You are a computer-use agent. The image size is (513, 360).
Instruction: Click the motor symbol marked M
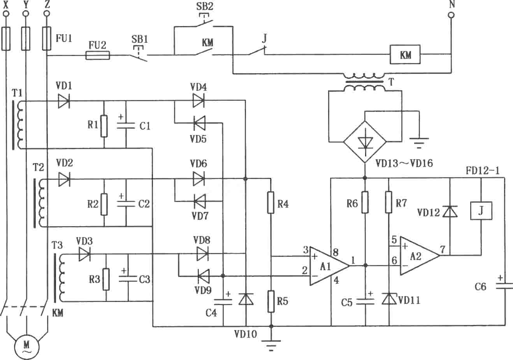(x=27, y=347)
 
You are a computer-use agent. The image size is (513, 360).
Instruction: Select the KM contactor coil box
(x=405, y=54)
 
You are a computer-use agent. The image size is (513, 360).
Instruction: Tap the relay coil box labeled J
(x=481, y=211)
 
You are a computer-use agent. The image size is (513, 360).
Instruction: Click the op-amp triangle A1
(x=330, y=266)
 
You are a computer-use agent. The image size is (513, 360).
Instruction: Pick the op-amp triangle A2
(x=420, y=256)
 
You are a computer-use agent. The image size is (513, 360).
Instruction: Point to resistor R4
(x=271, y=203)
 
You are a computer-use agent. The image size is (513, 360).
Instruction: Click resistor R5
(x=271, y=301)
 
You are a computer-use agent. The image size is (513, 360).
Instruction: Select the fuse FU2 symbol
(x=98, y=55)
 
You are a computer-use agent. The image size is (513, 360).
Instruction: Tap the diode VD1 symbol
(x=64, y=101)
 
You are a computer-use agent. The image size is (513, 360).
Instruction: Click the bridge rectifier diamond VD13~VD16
(x=365, y=142)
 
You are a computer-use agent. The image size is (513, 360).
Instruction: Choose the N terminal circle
(x=451, y=15)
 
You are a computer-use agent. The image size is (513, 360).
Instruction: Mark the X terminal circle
(x=6, y=14)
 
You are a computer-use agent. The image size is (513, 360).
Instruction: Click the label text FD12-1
(x=483, y=170)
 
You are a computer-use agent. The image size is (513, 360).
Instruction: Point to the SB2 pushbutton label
(x=205, y=6)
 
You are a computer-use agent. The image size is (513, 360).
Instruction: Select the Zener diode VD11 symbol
(x=389, y=299)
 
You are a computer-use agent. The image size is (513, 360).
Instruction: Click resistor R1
(x=104, y=126)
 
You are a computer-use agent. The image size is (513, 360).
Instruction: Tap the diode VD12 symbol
(x=450, y=211)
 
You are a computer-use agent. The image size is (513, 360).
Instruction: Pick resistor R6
(x=365, y=202)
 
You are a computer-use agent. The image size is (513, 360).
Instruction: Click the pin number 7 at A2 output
(x=443, y=249)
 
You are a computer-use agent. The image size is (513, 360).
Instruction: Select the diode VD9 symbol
(x=203, y=276)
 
